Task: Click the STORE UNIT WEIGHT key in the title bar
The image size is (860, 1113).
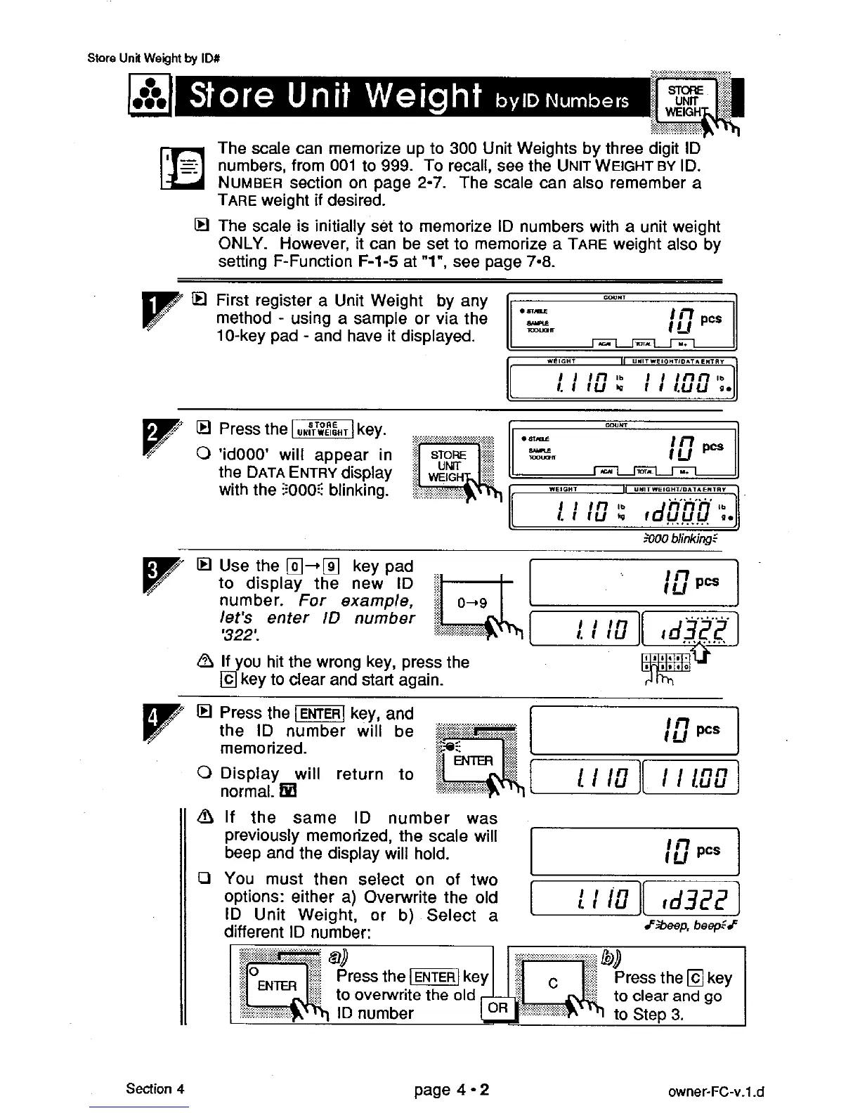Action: tap(685, 100)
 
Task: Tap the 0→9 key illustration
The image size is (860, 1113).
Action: tap(471, 604)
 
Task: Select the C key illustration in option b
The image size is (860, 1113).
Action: tap(553, 984)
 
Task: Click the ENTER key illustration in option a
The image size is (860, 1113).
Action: tap(277, 985)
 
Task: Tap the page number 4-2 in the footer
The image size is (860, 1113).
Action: tap(452, 1090)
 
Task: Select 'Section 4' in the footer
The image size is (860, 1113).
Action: tap(155, 1089)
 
